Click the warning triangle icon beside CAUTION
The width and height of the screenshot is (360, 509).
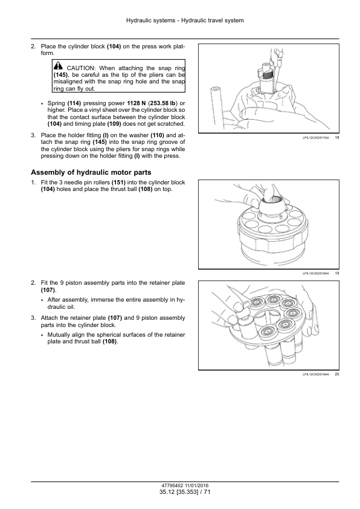pyautogui.click(x=58, y=65)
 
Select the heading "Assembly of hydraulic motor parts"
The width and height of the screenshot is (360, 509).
pyautogui.click(x=91, y=172)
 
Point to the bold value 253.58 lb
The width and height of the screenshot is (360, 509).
pyautogui.click(x=163, y=103)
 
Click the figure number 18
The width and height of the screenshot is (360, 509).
pyautogui.click(x=337, y=138)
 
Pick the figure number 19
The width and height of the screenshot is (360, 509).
pyautogui.click(x=337, y=273)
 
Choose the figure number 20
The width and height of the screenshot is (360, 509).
pyautogui.click(x=337, y=374)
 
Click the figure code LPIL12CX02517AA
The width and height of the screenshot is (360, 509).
pyautogui.click(x=315, y=138)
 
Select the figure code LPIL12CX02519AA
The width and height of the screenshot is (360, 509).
pyautogui.click(x=315, y=375)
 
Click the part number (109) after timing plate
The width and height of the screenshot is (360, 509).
pyautogui.click(x=114, y=124)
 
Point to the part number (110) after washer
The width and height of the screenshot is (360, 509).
pyautogui.click(x=157, y=135)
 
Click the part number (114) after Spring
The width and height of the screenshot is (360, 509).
pyautogui.click(x=74, y=103)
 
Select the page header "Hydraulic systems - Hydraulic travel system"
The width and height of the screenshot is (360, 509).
pyautogui.click(x=185, y=21)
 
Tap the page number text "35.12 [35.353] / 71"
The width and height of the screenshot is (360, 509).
pyautogui.click(x=185, y=492)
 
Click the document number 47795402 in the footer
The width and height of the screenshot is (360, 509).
pyautogui.click(x=173, y=486)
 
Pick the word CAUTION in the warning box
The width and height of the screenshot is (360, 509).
pyautogui.click(x=81, y=68)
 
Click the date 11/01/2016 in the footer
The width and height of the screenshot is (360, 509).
pyautogui.click(x=197, y=486)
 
